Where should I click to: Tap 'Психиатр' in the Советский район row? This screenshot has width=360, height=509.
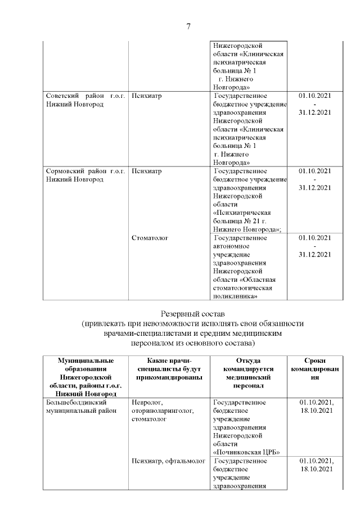pyautogui.click(x=146, y=96)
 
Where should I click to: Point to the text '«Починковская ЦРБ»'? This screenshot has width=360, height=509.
pyautogui.click(x=247, y=452)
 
